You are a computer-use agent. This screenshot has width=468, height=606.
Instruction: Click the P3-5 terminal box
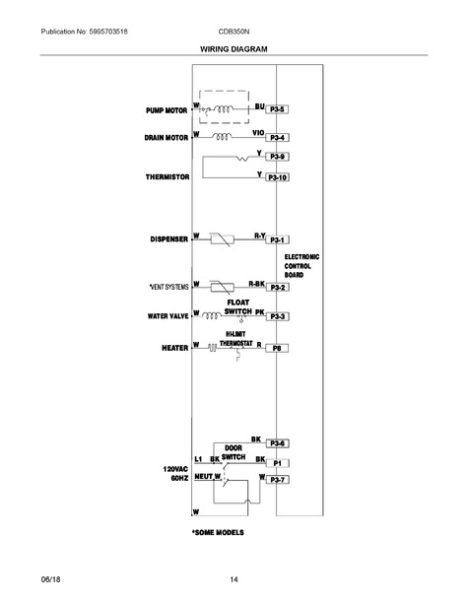point(277,109)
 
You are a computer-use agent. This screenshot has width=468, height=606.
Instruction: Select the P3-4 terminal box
point(277,138)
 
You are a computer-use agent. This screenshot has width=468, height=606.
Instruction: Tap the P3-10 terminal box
point(277,177)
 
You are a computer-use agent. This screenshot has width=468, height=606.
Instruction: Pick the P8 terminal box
point(277,348)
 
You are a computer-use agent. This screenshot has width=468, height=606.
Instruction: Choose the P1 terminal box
point(277,463)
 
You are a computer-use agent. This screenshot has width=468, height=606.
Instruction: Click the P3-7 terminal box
point(277,480)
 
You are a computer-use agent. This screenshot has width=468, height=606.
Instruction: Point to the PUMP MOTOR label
point(167,110)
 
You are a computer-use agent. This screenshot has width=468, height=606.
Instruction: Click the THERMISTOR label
point(167,177)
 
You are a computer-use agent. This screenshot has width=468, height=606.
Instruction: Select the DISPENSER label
point(168,239)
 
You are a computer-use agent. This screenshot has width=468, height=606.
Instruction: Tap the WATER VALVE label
point(168,316)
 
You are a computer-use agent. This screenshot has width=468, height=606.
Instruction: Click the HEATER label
point(174,348)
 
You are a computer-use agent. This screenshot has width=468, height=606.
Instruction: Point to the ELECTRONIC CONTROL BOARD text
point(301,266)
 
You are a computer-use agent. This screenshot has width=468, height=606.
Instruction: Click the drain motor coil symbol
point(223,136)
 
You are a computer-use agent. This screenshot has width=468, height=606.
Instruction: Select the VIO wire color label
point(258,133)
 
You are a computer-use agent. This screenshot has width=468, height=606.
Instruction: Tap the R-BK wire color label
point(256,284)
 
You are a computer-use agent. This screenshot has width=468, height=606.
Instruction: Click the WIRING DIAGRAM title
point(234,49)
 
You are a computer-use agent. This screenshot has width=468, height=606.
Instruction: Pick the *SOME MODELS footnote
point(218,532)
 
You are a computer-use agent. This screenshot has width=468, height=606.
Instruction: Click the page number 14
point(234,579)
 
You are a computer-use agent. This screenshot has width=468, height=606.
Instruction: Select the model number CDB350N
point(234,32)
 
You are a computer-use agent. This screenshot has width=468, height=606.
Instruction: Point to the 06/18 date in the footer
point(50,579)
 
